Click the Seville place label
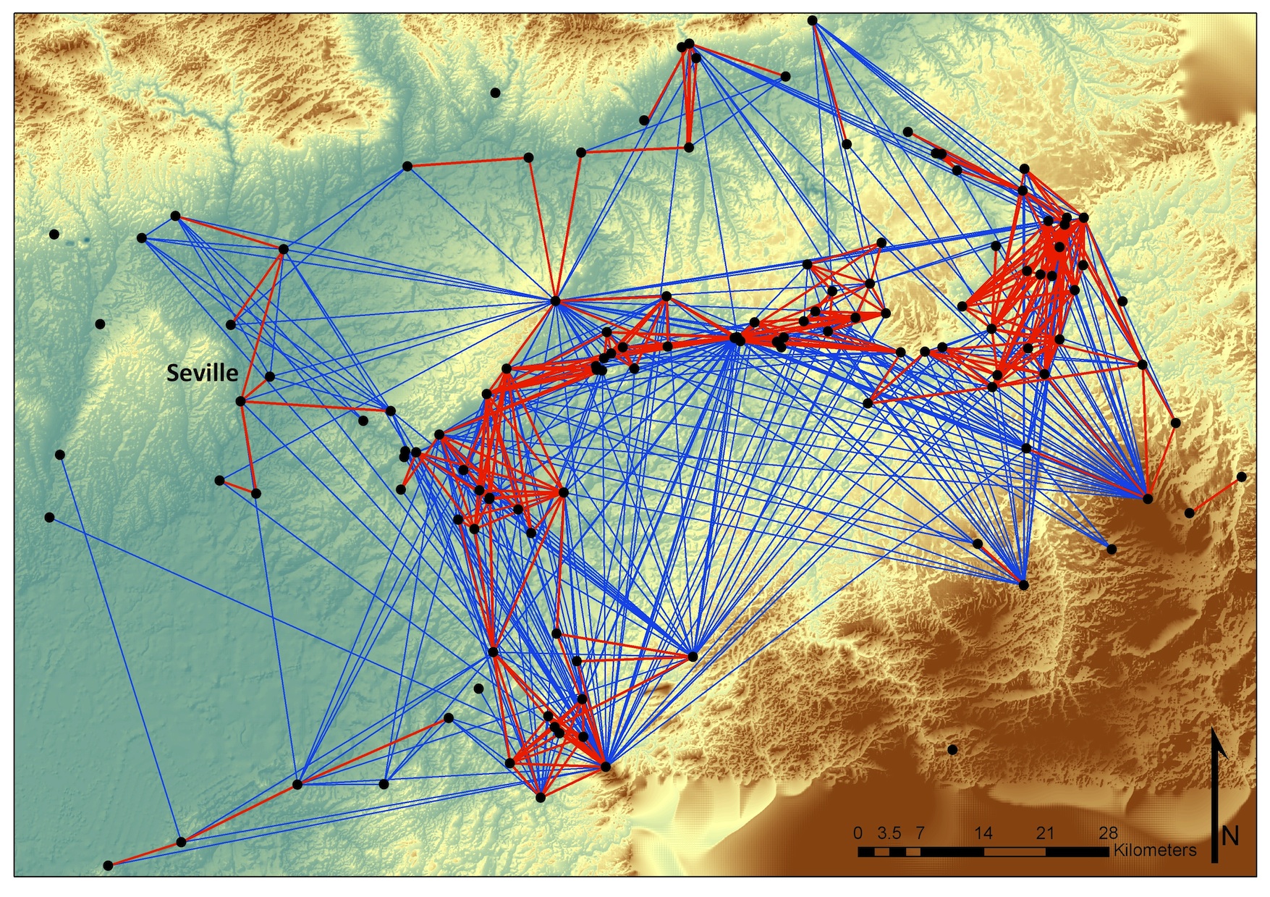[202, 373]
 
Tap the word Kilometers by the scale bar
[1154, 850]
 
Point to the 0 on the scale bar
[858, 833]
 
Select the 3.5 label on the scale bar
[889, 833]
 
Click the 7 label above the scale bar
[920, 833]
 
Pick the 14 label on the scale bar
[983, 833]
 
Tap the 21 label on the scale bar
[1045, 833]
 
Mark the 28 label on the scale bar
[1108, 833]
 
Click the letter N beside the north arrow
[1229, 836]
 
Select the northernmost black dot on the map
[813, 21]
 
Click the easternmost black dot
[1242, 476]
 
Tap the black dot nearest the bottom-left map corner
[108, 865]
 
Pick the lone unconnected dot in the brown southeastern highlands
[952, 749]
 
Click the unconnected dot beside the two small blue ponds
[54, 234]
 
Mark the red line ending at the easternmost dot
[1216, 494]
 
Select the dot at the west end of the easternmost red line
[1190, 513]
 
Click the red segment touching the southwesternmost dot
[145, 854]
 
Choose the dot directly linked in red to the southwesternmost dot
[182, 842]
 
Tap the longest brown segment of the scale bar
[1014, 852]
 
